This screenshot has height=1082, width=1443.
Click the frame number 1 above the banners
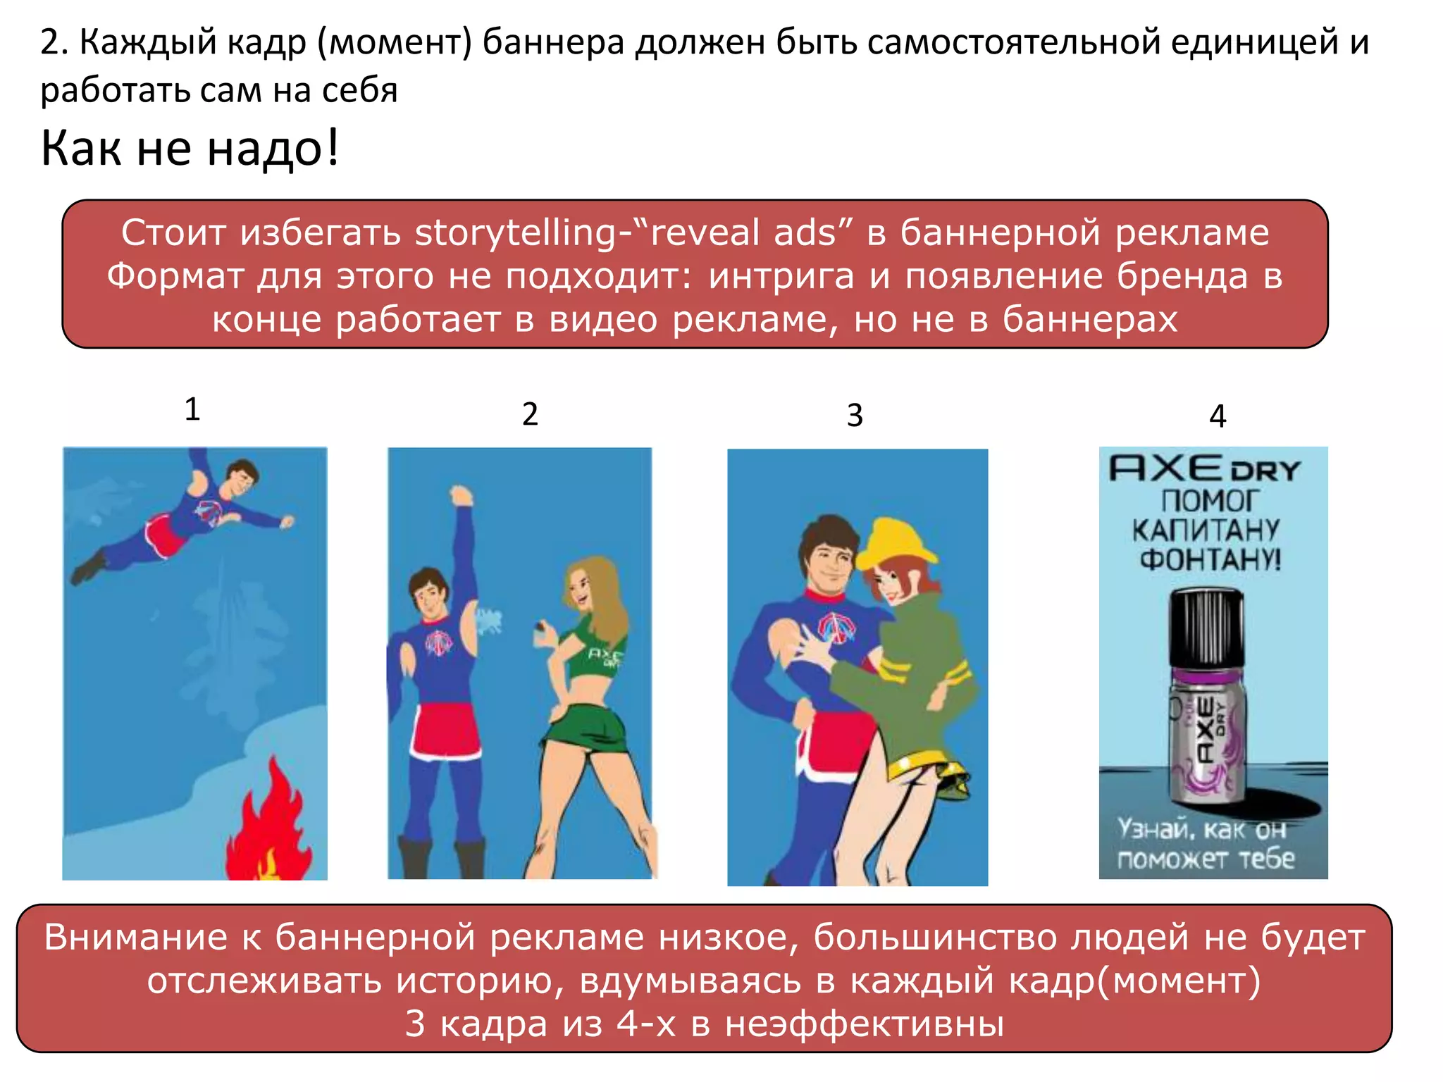(192, 409)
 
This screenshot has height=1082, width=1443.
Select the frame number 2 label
(530, 414)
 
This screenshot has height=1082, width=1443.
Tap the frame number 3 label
(855, 416)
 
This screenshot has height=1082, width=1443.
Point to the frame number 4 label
(1218, 416)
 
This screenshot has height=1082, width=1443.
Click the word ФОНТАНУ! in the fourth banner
(1210, 560)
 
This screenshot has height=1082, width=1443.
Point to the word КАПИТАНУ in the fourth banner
(1206, 530)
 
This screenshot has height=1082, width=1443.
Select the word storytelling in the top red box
(516, 233)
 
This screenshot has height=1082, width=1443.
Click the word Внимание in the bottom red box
(135, 938)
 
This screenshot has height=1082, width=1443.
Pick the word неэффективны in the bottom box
(865, 1024)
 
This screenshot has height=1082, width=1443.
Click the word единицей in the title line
(1255, 42)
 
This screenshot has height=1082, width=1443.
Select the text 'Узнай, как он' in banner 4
(1202, 829)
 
